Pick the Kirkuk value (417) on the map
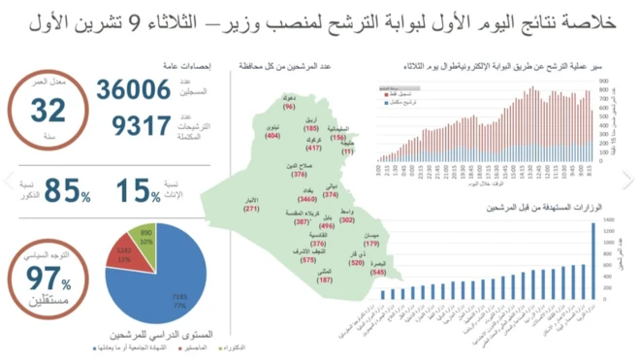tap(313, 148)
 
